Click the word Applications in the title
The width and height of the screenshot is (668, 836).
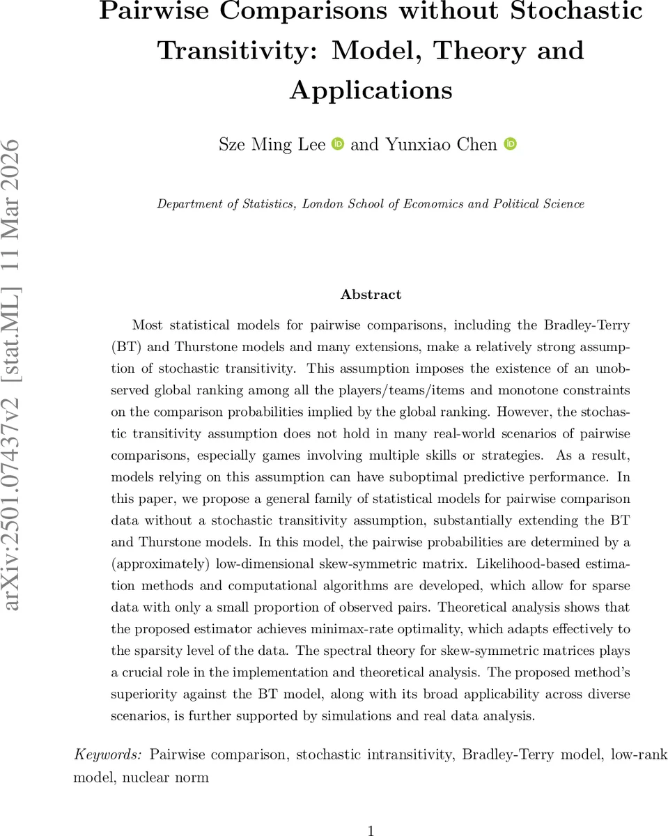pyautogui.click(x=371, y=91)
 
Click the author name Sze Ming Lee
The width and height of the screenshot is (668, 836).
pyautogui.click(x=272, y=145)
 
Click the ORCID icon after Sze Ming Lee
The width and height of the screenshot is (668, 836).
pyautogui.click(x=338, y=144)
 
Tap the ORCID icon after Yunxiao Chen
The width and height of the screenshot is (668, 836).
pyautogui.click(x=510, y=144)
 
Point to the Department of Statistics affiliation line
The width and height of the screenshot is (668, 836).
pyautogui.click(x=371, y=204)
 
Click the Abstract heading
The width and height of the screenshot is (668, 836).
pyautogui.click(x=371, y=295)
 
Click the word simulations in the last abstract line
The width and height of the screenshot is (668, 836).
pyautogui.click(x=447, y=715)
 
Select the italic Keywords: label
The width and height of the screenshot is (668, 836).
pyautogui.click(x=108, y=755)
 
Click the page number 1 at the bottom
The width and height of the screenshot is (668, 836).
pyautogui.click(x=371, y=830)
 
